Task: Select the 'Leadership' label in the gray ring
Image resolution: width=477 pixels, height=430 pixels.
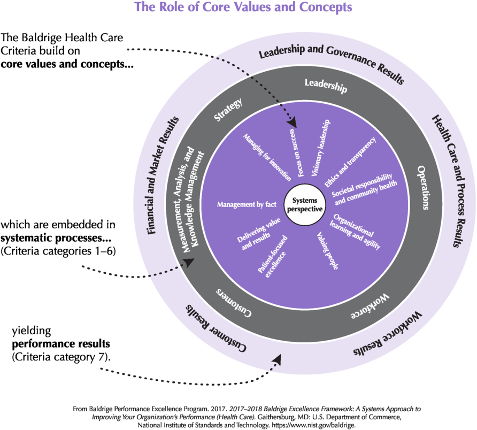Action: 326,85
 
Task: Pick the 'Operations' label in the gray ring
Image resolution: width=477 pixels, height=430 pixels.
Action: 423,187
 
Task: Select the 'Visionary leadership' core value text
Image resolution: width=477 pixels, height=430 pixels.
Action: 321,147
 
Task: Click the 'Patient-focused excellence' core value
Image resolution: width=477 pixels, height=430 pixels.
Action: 272,255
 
